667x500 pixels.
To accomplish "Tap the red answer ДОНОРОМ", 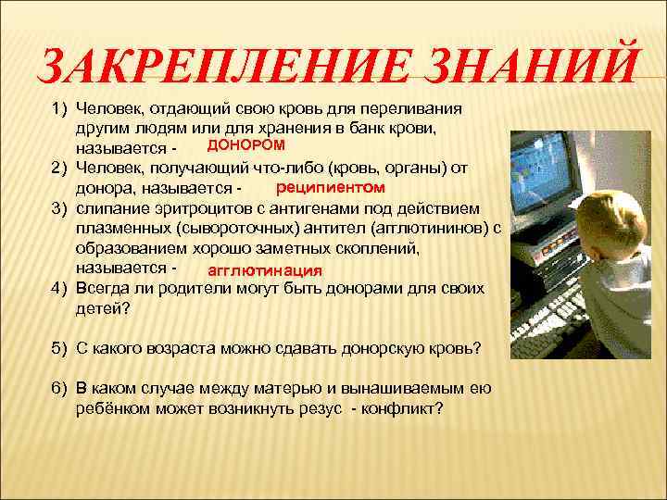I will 245,145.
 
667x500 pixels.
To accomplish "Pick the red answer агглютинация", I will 265,271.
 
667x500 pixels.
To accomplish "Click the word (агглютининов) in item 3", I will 432,229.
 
